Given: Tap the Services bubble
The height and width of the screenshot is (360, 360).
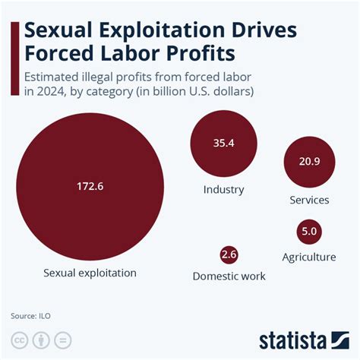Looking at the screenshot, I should pos(309,162).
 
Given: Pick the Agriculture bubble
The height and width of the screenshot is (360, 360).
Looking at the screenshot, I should pos(308,231).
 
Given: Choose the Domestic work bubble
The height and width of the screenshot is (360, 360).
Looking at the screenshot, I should pos(229,254).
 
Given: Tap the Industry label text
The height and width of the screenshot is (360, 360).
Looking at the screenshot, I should pos(223,189).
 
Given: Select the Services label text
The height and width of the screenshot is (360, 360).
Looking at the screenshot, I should pos(309,201).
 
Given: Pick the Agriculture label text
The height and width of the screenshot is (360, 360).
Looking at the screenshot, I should pos(308,257).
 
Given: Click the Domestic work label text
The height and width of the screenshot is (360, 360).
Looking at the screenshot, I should pos(229,276).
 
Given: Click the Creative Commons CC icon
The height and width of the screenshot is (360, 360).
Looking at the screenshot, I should pos(21,339).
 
